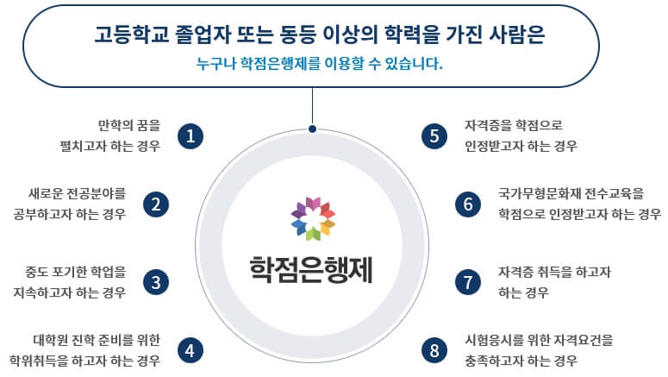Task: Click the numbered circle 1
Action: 190,135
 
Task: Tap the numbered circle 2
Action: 156,204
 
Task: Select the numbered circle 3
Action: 156,282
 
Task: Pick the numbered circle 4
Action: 190,350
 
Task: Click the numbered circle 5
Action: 434,135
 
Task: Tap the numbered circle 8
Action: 434,350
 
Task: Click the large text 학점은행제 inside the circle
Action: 311,269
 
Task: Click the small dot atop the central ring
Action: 312,129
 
